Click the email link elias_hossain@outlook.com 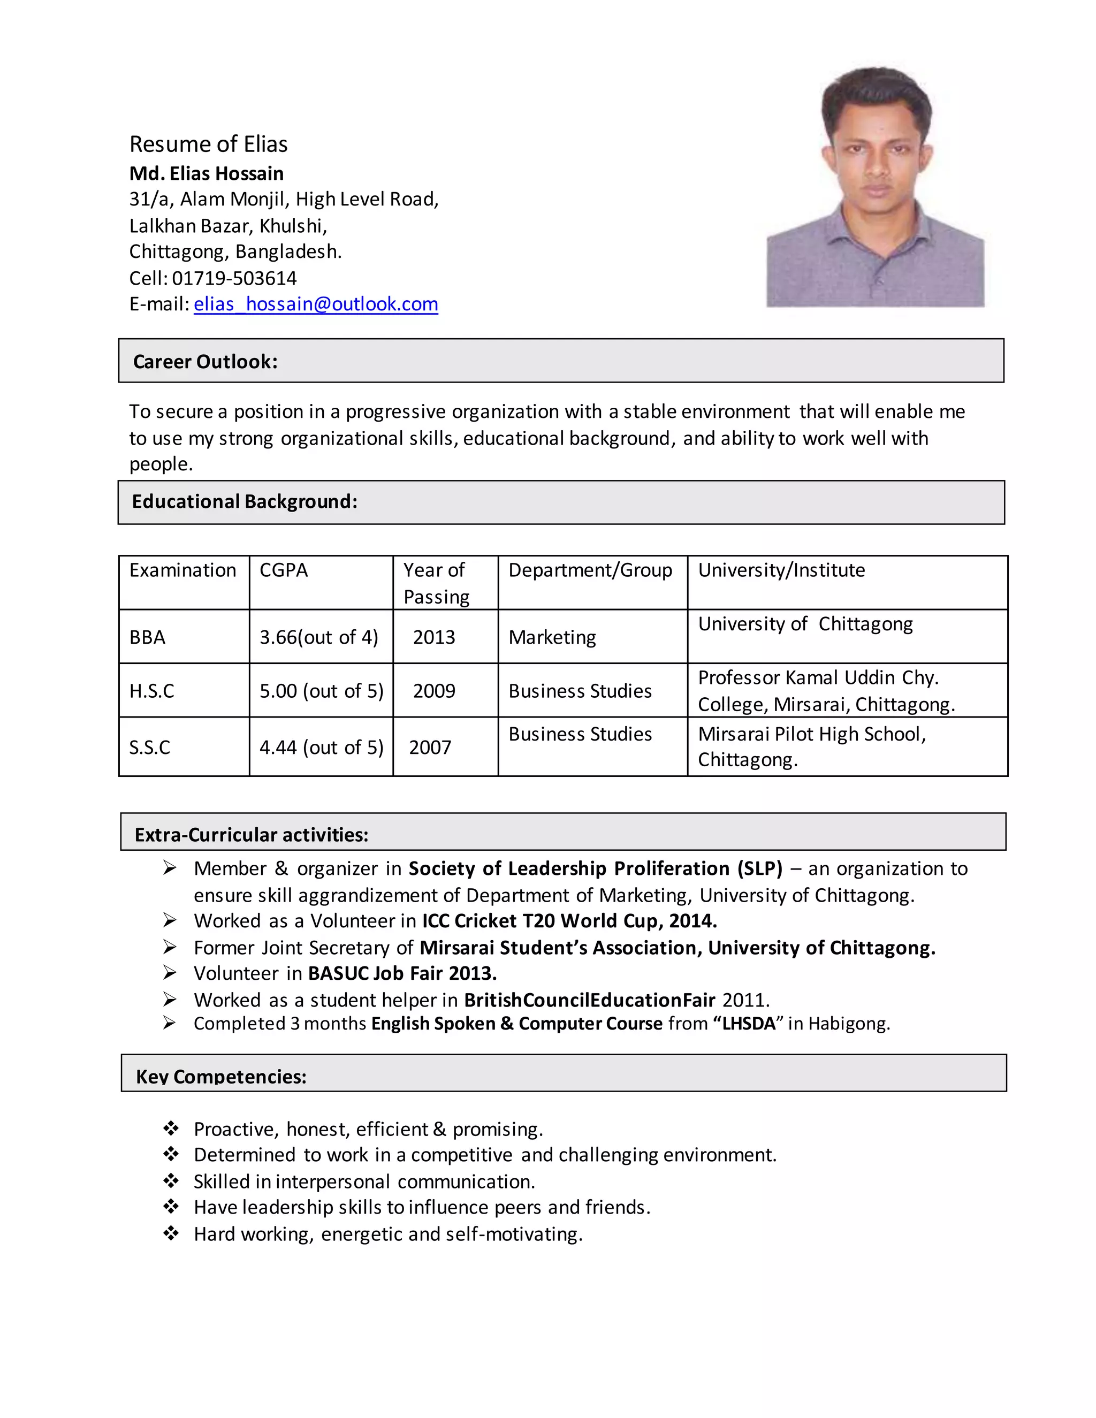(316, 304)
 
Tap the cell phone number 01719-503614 (234, 278)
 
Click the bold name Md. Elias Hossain (207, 173)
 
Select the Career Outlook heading (205, 361)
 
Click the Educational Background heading (244, 501)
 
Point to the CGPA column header (284, 570)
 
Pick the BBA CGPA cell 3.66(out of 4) (319, 637)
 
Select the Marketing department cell (552, 637)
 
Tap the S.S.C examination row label (149, 748)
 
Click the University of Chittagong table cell (805, 624)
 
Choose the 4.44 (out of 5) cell (322, 748)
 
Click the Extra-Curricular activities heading (252, 834)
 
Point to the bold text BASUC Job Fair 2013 (402, 973)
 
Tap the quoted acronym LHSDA (748, 1024)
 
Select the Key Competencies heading (221, 1077)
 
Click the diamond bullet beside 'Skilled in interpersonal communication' (171, 1180)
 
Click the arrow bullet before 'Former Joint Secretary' (170, 947)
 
